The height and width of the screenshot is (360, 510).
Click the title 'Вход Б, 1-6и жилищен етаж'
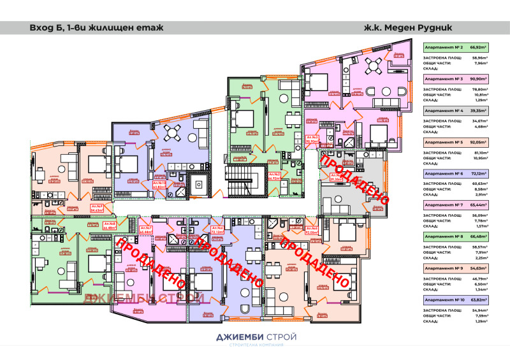(96, 28)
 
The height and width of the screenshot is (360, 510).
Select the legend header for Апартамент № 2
(455, 47)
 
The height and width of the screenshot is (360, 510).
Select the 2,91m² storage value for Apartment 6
(479, 195)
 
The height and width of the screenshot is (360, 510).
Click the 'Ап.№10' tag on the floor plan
(159, 185)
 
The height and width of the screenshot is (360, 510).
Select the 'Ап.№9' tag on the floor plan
(97, 208)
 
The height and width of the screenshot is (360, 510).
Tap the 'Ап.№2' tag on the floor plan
(274, 176)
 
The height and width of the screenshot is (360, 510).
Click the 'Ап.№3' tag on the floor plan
(312, 140)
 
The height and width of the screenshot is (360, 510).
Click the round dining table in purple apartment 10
(173, 134)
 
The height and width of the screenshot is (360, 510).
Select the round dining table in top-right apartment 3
(375, 67)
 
